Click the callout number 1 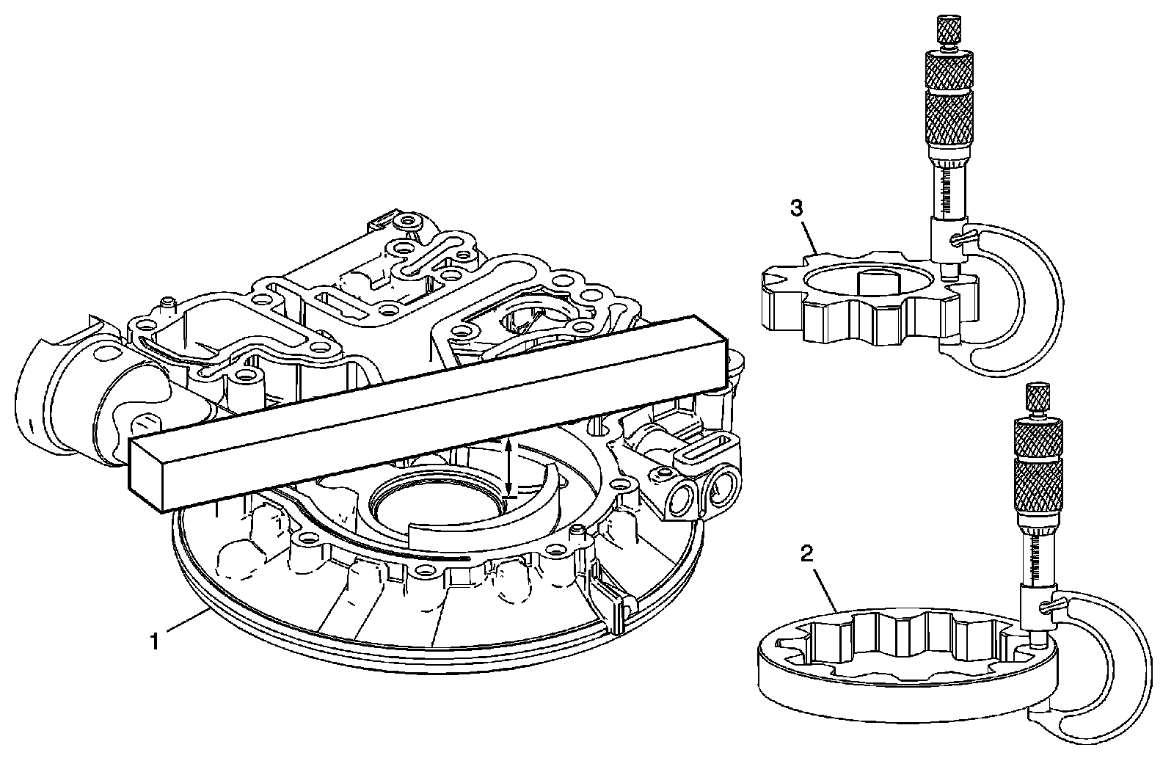[x=154, y=641]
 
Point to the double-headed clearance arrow [x=509, y=466]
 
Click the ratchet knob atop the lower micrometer [x=1038, y=399]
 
